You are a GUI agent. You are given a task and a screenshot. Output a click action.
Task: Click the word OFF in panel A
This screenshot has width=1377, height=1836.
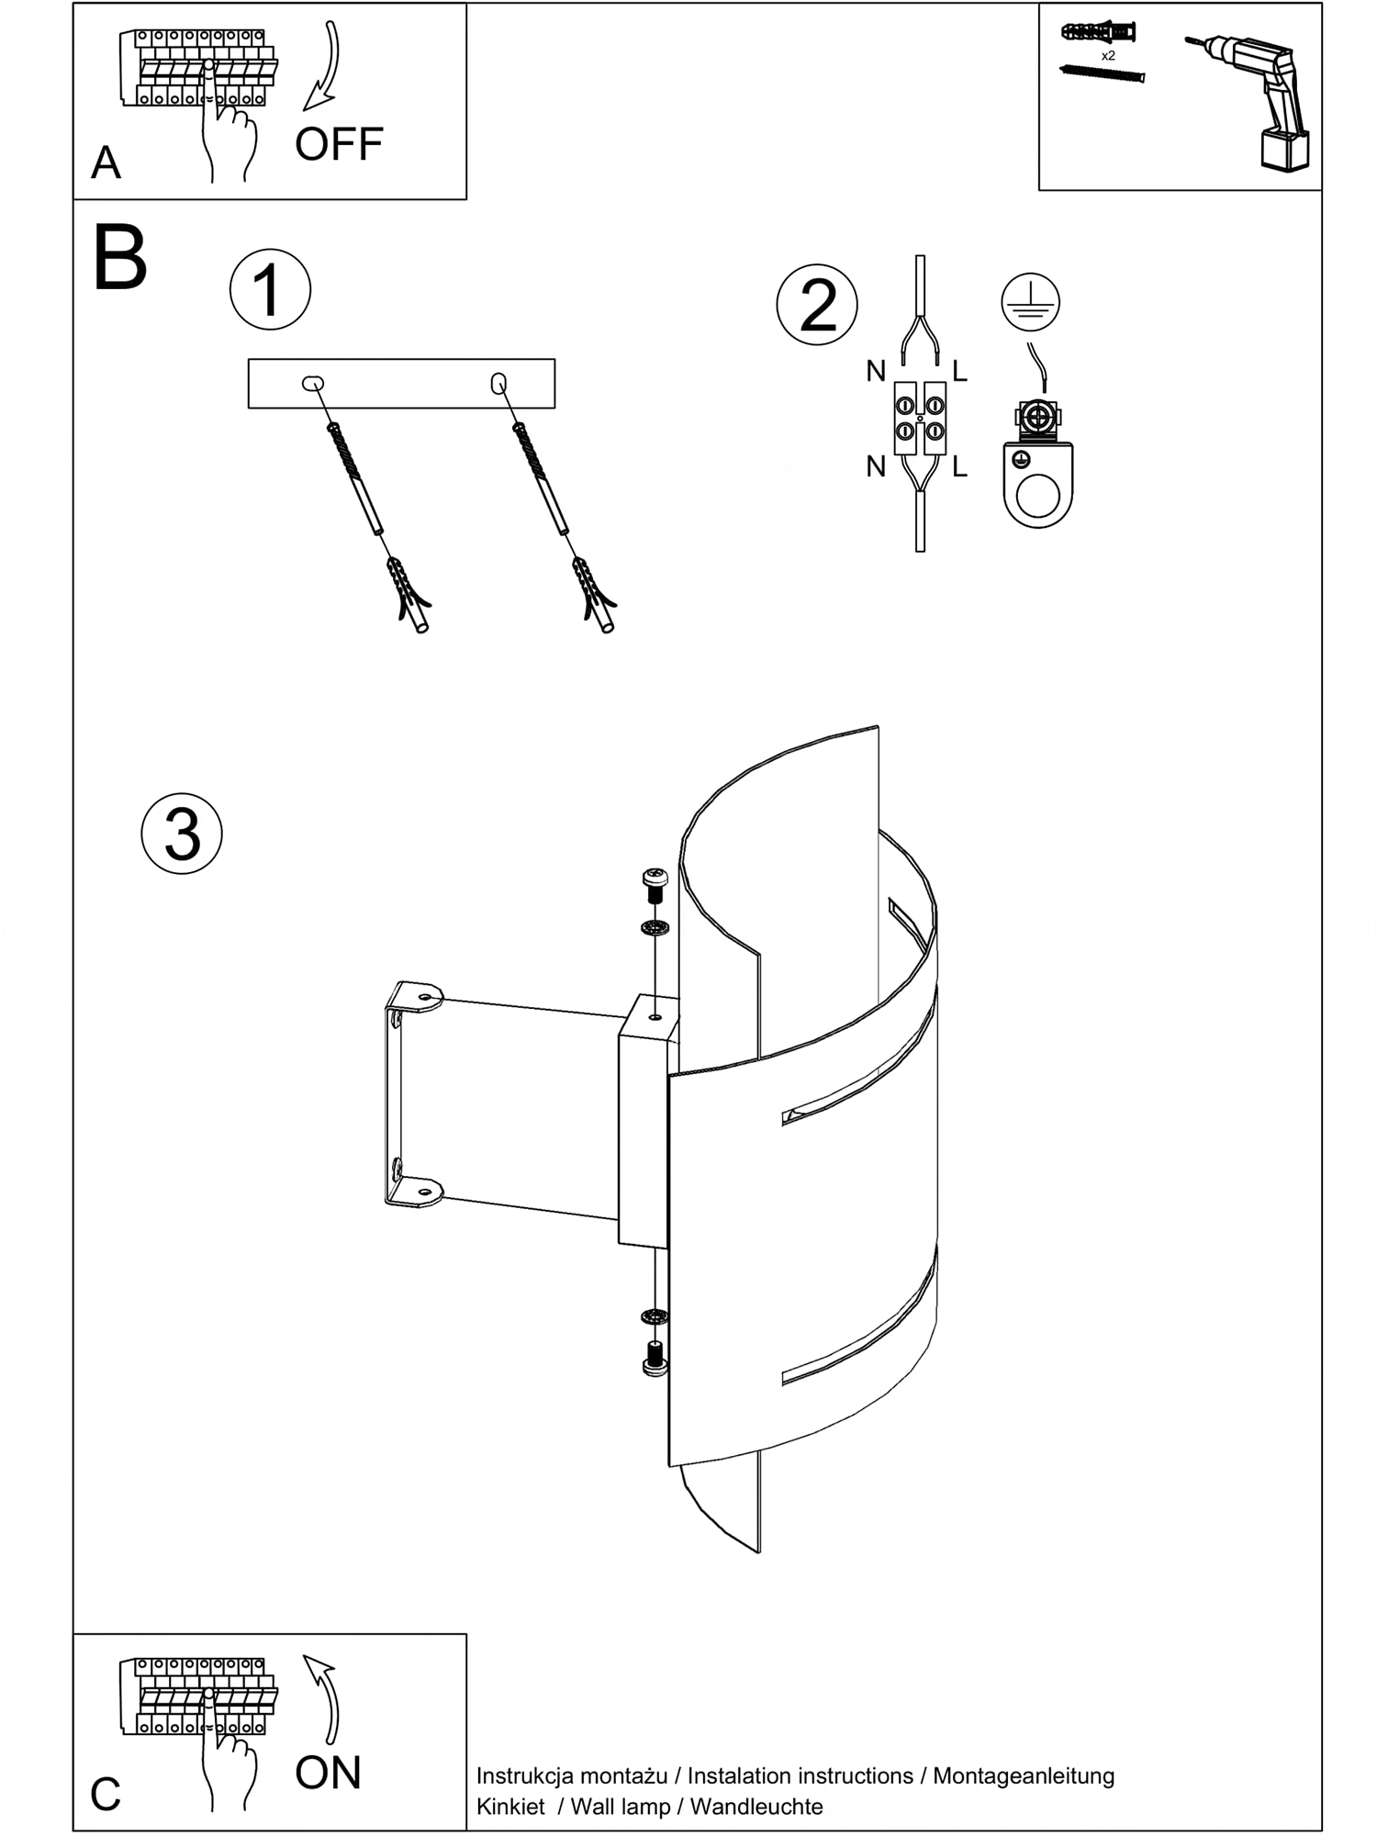point(339,144)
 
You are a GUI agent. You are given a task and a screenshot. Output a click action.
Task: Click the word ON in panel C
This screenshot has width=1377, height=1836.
point(328,1773)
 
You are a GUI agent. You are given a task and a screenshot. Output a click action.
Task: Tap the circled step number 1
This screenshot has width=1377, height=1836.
point(270,289)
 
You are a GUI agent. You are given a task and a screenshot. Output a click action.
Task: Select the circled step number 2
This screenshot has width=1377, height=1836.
point(817,305)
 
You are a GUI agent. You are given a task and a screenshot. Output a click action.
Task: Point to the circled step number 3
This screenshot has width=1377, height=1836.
point(182,834)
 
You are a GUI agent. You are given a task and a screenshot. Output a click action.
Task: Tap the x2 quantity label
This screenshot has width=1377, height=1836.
point(1108,56)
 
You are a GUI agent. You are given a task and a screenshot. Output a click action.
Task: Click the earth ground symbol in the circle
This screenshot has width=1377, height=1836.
point(1030,302)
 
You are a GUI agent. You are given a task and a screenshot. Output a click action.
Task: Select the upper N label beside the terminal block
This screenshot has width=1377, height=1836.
point(876,372)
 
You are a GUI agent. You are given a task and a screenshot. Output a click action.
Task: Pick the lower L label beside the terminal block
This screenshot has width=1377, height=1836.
point(959,467)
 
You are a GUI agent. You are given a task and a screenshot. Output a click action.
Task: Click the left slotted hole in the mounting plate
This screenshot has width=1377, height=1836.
point(313,383)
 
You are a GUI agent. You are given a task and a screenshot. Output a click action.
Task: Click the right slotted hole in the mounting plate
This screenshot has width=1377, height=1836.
point(498,383)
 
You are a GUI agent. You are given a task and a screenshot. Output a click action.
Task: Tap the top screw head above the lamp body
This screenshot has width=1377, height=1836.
point(655,879)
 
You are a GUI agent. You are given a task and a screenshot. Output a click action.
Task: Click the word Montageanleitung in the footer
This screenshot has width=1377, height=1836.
point(1024,1775)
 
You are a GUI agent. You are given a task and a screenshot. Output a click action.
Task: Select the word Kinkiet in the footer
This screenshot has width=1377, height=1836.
point(510,1807)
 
